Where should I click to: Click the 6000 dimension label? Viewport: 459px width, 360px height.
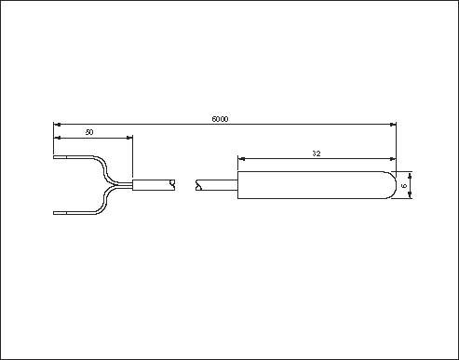coord(220,119)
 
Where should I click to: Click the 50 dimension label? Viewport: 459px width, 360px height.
coord(89,132)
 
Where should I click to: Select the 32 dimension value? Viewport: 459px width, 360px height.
coord(317,153)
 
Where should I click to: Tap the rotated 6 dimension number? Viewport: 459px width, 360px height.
coord(404,186)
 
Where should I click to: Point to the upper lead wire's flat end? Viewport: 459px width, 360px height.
coord(60,157)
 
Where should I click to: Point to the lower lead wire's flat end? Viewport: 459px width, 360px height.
coord(60,213)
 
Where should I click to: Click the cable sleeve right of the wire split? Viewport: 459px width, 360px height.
coord(153,185)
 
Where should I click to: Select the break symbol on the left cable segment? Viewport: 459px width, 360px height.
coord(172,185)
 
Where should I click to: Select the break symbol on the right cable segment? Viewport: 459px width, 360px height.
coord(198,185)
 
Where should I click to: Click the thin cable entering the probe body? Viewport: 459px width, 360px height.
coord(220,185)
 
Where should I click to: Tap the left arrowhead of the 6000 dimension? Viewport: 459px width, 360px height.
coord(57,125)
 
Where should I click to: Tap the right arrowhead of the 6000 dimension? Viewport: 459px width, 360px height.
coord(393,125)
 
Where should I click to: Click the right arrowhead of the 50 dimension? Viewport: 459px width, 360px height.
coord(129,138)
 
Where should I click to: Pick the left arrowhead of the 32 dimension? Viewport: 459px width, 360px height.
coord(241,159)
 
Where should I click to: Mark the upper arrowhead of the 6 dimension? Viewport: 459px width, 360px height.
coord(410,176)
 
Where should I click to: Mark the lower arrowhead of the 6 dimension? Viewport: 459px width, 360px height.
coord(410,194)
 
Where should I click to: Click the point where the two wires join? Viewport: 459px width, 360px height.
coord(115,185)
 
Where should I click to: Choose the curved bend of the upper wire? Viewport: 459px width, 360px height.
coord(105,169)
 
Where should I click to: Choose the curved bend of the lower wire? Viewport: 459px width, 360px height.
coord(105,201)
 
